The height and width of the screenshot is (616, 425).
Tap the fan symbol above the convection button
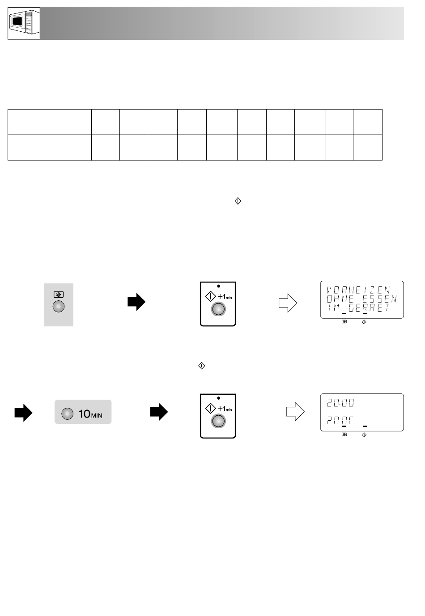(x=58, y=295)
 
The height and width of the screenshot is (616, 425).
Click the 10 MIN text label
(x=90, y=414)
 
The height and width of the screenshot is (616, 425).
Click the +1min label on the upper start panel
(x=225, y=296)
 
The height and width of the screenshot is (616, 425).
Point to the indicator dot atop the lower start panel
(x=219, y=398)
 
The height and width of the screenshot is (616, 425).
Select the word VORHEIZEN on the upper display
(x=358, y=290)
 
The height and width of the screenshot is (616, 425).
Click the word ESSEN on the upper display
(x=379, y=299)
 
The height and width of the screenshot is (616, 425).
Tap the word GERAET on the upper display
(x=369, y=308)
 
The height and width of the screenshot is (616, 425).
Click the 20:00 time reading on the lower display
(x=340, y=403)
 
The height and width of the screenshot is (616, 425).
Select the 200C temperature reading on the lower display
(x=340, y=421)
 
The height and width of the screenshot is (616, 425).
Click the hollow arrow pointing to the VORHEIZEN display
(x=288, y=303)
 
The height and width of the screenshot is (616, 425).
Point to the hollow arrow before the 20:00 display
(x=295, y=412)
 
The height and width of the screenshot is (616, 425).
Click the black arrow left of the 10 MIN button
(x=23, y=413)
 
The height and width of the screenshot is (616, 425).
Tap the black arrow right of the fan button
(x=136, y=302)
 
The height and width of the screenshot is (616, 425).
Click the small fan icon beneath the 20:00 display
(x=344, y=435)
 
